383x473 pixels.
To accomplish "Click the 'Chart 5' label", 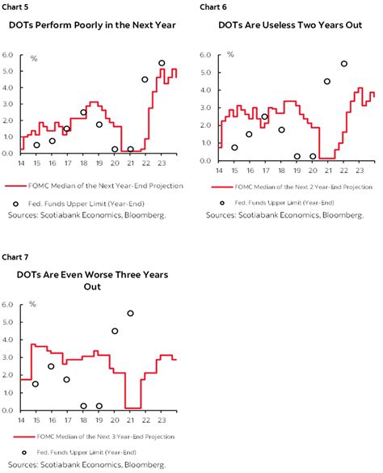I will (x=15, y=6).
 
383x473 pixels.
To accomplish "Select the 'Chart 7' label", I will (x=15, y=257).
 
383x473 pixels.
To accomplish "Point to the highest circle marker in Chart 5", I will (x=162, y=63).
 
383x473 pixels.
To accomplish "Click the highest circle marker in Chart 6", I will (x=344, y=63).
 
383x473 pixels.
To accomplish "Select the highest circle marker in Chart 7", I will (x=130, y=313).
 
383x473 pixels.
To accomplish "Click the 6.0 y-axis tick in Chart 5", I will (x=8, y=55).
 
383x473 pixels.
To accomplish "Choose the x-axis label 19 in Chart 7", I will (x=99, y=419).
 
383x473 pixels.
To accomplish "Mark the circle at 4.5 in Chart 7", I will (x=115, y=331).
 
